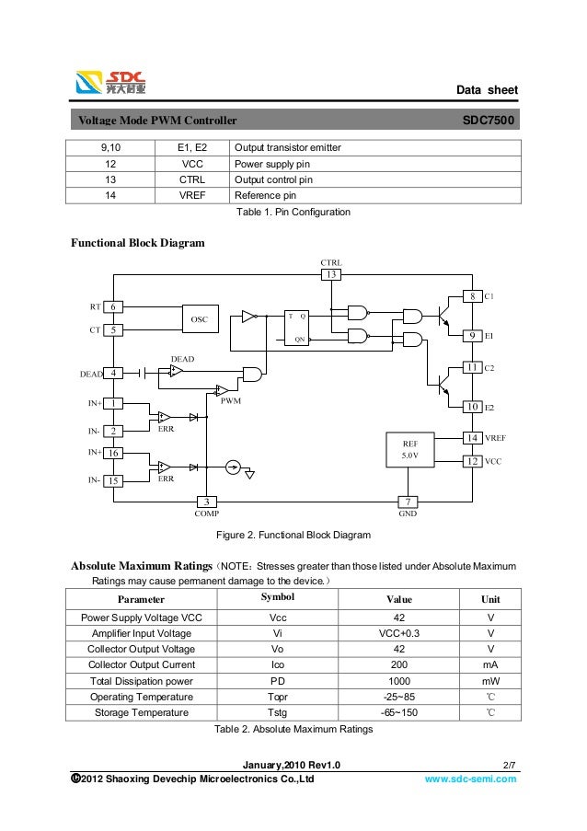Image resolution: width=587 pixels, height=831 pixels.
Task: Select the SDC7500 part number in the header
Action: tap(489, 121)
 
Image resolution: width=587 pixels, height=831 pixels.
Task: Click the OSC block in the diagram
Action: tap(199, 318)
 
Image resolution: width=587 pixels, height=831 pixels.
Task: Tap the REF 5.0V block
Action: tap(409, 449)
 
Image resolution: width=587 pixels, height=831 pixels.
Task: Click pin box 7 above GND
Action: tap(408, 502)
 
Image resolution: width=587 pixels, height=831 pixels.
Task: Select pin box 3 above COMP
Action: tap(207, 502)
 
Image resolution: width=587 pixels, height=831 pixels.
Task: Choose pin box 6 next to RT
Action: tap(112, 306)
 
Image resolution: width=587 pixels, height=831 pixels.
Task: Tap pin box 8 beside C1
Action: tap(471, 297)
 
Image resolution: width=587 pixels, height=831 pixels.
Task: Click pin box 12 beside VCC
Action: tap(471, 460)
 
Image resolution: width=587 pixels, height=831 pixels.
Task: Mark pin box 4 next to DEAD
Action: tap(112, 374)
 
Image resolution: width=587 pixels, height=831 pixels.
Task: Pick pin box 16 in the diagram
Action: tap(112, 454)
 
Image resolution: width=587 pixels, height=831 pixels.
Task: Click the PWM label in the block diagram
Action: tap(232, 401)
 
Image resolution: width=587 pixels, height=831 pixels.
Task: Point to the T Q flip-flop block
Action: tap(296, 327)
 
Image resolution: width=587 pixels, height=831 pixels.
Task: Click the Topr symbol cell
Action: tap(277, 697)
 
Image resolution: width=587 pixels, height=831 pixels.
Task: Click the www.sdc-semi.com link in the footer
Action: tap(469, 779)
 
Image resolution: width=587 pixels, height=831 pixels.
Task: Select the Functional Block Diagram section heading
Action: tap(137, 243)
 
